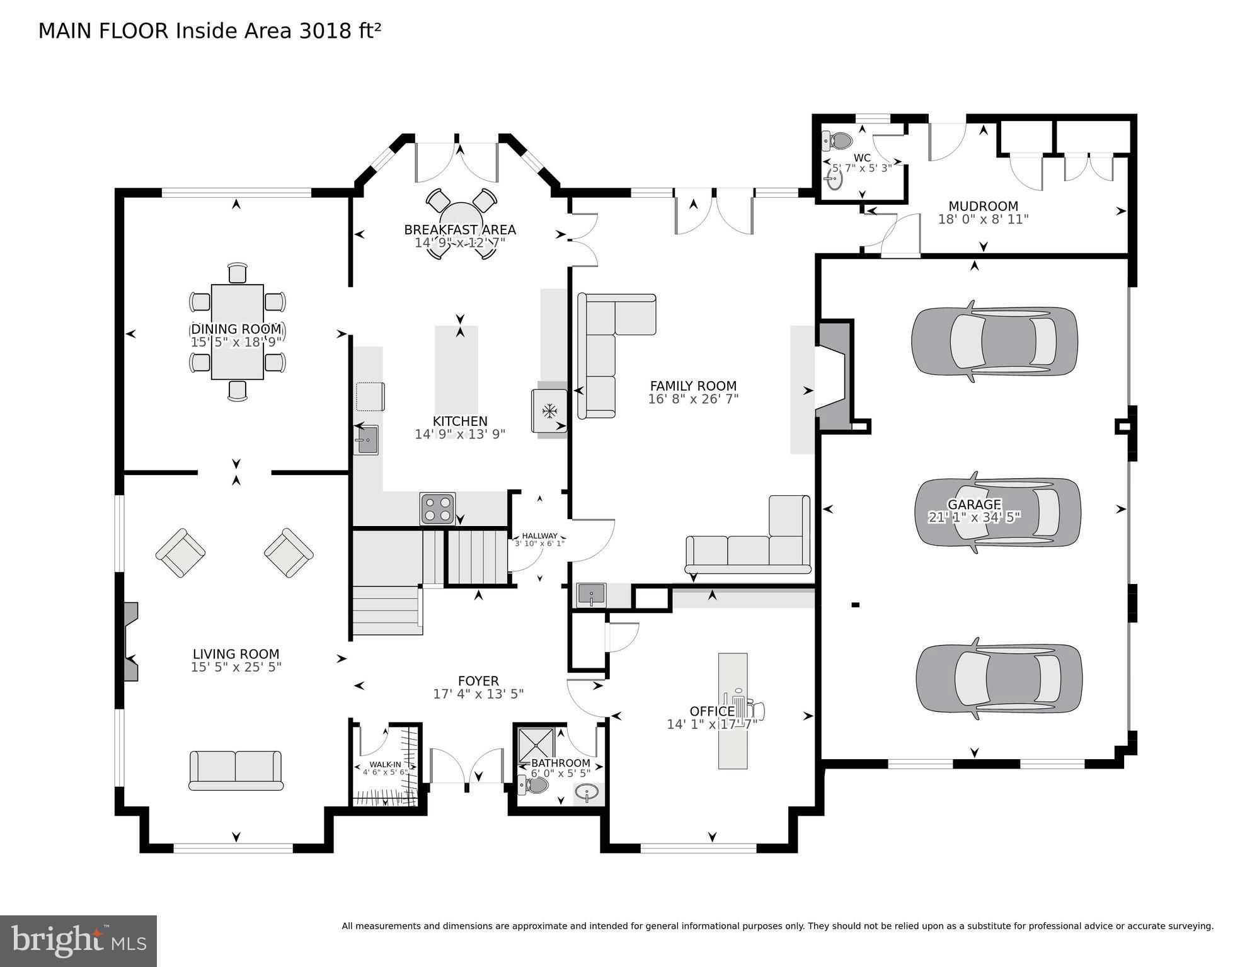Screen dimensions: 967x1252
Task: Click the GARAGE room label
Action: [x=974, y=505]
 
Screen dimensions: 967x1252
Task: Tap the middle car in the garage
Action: [x=997, y=512]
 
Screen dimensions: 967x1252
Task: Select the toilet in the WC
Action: [x=839, y=140]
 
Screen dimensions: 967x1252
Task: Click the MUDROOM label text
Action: [x=983, y=206]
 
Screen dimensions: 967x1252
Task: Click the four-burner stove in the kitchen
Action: [x=437, y=508]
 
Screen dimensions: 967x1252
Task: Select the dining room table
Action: [x=237, y=332]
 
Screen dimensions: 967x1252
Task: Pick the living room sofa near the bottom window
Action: [x=236, y=770]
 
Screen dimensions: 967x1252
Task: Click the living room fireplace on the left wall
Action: [x=130, y=641]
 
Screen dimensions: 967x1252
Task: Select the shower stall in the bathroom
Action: [x=536, y=745]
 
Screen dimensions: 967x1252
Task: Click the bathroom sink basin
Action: [x=587, y=792]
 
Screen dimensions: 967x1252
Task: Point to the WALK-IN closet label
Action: [x=385, y=764]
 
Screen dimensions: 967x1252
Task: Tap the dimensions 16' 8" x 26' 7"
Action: [x=693, y=399]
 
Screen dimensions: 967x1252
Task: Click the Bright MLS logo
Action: [x=78, y=941]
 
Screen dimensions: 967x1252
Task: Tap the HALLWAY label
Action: [x=539, y=535]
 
